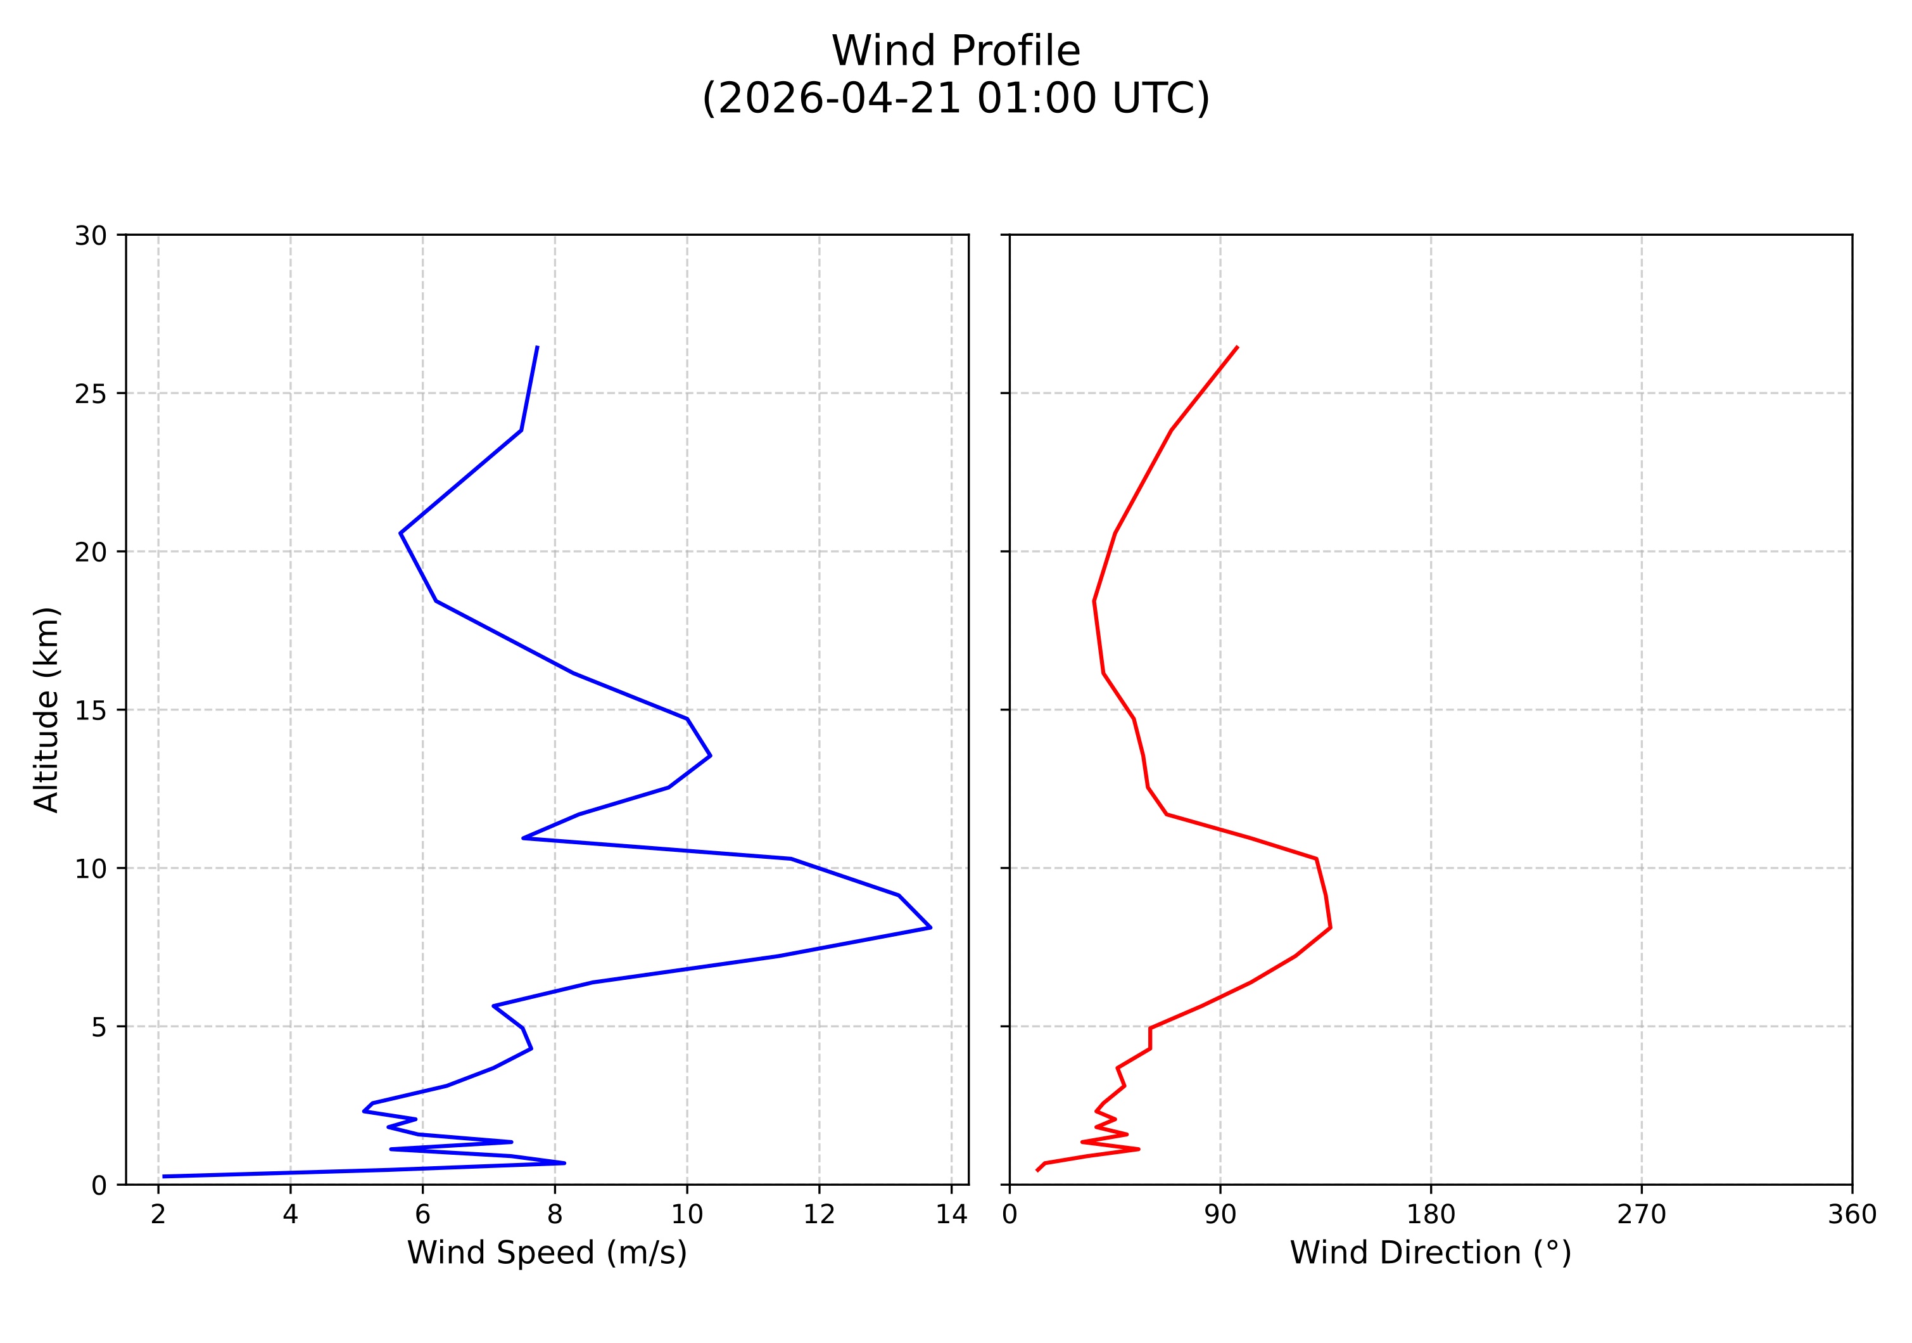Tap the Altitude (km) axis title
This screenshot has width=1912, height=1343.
point(47,709)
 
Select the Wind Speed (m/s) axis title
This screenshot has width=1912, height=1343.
point(547,1252)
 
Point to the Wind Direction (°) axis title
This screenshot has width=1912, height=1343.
point(1430,1252)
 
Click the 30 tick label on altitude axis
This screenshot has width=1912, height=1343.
point(91,236)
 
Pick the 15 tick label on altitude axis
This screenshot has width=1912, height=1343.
point(91,710)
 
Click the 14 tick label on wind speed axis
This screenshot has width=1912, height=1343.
point(951,1215)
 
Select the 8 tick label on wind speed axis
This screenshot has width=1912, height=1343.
point(555,1215)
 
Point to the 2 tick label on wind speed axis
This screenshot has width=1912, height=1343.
point(158,1215)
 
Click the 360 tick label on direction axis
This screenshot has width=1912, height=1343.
point(1852,1215)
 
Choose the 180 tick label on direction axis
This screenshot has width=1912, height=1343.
point(1431,1215)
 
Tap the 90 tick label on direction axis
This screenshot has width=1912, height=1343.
point(1220,1215)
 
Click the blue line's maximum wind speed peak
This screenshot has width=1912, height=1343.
point(930,927)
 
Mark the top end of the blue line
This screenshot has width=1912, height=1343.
point(537,347)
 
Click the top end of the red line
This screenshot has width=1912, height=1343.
point(1238,347)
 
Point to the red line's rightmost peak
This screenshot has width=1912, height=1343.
point(1331,927)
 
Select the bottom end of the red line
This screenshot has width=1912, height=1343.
point(1037,1171)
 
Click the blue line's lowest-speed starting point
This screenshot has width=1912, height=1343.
point(163,1176)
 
